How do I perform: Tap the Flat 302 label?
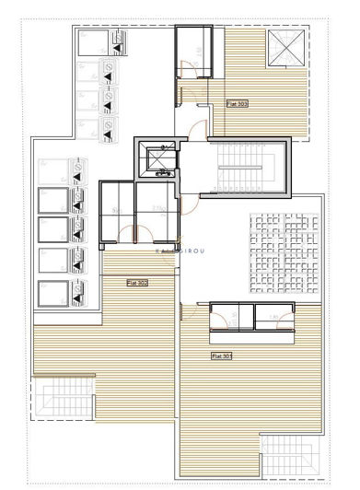pos(136,283)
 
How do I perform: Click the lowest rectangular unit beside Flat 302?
pos(54,296)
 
